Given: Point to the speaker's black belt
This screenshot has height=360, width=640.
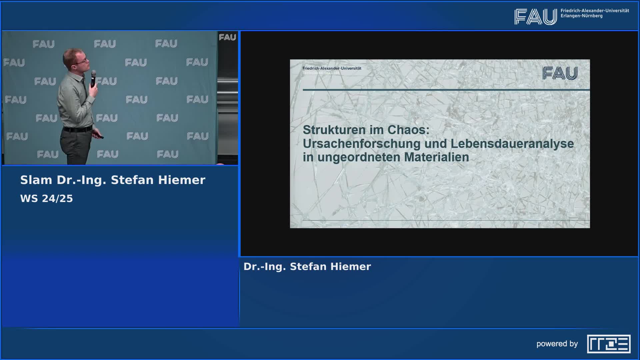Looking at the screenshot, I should click(77, 129).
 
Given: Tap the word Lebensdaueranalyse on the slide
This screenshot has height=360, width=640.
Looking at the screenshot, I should click(512, 144).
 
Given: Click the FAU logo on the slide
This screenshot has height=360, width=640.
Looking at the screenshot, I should click(560, 73).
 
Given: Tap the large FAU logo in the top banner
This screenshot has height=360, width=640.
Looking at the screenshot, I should click(535, 17).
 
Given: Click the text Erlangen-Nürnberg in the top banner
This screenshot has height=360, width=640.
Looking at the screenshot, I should click(581, 16).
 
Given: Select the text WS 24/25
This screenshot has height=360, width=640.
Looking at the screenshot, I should click(46, 199).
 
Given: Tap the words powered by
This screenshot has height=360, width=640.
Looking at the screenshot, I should click(557, 344).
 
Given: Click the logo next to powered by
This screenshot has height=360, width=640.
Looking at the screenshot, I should click(609, 344).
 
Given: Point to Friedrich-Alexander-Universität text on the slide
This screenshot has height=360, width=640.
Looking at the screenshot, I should click(332, 68).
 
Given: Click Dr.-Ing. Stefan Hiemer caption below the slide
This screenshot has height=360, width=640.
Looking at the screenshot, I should click(307, 267).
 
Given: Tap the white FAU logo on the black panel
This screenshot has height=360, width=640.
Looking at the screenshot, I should click(227, 37).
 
